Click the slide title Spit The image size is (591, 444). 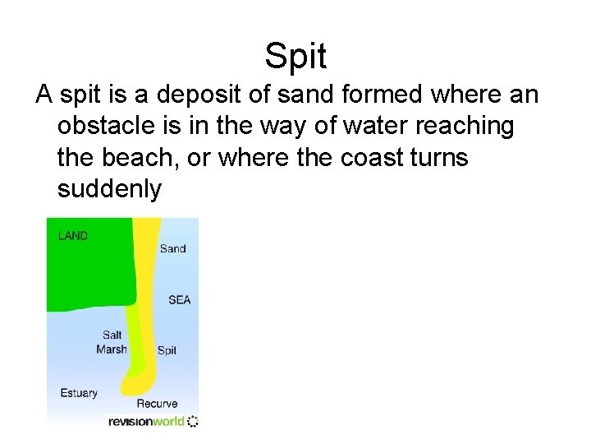pyautogui.click(x=295, y=57)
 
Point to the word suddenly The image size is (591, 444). pyautogui.click(x=109, y=189)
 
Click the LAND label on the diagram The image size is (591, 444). pyautogui.click(x=73, y=236)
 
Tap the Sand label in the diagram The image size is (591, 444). pyautogui.click(x=172, y=248)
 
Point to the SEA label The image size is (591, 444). pyautogui.click(x=179, y=299)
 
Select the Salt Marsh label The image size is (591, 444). pyautogui.click(x=112, y=342)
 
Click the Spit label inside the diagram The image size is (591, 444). pyautogui.click(x=167, y=350)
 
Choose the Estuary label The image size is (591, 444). pyautogui.click(x=79, y=393)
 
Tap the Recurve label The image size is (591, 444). pyautogui.click(x=157, y=404)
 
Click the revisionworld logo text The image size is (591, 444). pyautogui.click(x=146, y=422)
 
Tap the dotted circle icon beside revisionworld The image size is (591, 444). pyautogui.click(x=193, y=422)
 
